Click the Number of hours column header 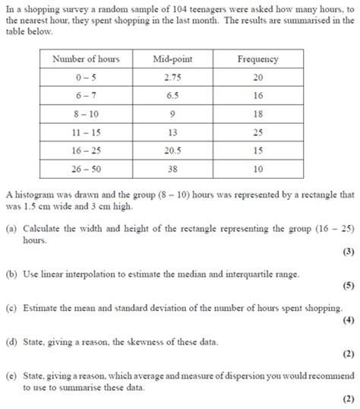point(86,59)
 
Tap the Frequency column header point(257,59)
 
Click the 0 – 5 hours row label point(86,78)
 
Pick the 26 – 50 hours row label point(86,170)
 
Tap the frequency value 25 point(257,133)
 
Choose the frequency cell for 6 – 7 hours point(257,96)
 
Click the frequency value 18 point(257,114)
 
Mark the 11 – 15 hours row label point(86,133)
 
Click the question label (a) point(11,228)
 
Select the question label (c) point(11,308)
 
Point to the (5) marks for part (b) point(347,288)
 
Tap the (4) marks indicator point(347,320)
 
